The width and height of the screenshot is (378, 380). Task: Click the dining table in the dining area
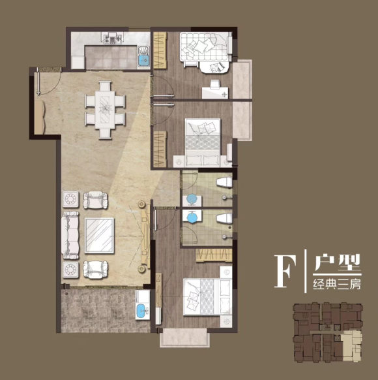click(x=105, y=110)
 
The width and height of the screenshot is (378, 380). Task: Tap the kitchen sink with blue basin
click(x=144, y=57)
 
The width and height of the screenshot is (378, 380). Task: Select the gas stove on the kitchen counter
click(x=113, y=38)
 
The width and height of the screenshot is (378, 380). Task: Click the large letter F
click(x=285, y=272)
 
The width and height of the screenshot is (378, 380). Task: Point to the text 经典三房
click(x=337, y=284)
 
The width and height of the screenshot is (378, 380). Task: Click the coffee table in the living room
click(x=99, y=236)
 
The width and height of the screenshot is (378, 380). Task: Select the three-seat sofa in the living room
click(x=70, y=235)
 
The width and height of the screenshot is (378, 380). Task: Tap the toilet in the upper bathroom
click(x=225, y=182)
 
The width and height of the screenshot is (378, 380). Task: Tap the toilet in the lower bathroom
click(x=224, y=218)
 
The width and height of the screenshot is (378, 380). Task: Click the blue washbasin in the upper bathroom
click(x=192, y=199)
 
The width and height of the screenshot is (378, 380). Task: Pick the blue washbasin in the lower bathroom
click(x=192, y=216)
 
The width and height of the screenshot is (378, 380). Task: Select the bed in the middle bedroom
click(x=203, y=142)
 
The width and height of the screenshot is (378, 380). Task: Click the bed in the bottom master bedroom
click(x=207, y=297)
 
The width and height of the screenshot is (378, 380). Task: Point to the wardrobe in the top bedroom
click(x=160, y=50)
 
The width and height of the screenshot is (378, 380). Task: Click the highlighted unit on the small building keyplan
click(x=353, y=347)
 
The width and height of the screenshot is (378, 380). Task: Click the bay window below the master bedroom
click(x=184, y=338)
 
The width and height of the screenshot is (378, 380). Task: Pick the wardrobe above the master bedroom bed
click(x=214, y=255)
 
